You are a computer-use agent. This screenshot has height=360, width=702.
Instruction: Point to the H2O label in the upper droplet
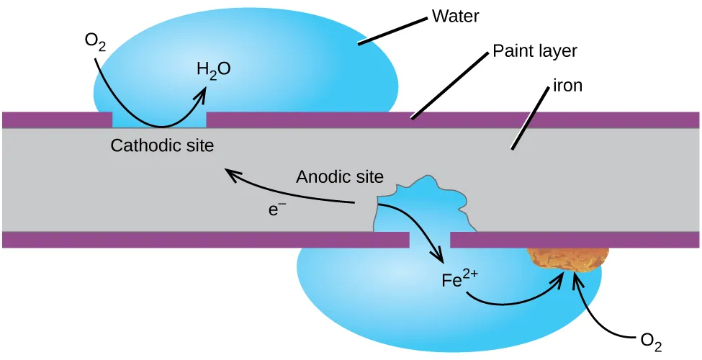click(x=213, y=70)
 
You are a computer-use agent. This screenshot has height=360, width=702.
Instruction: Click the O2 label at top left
click(x=95, y=40)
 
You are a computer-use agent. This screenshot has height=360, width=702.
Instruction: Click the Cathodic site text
click(x=162, y=145)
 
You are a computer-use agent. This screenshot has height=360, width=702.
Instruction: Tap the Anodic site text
click(x=340, y=176)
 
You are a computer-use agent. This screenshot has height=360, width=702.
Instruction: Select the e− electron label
click(x=277, y=210)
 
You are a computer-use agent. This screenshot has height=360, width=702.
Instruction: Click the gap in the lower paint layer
click(x=429, y=239)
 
